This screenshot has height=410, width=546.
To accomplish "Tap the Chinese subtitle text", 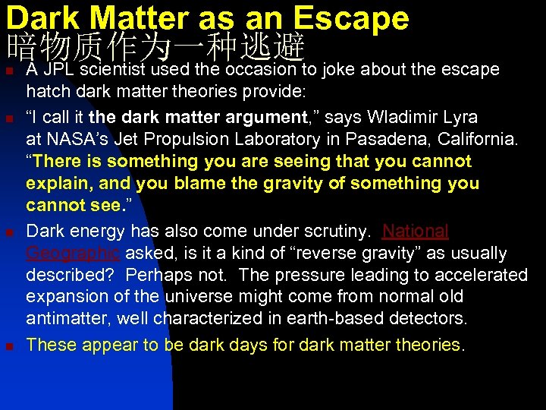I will click(x=155, y=48).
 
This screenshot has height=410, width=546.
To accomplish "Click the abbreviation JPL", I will click(x=59, y=70).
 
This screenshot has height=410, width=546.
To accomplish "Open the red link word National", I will click(x=416, y=231).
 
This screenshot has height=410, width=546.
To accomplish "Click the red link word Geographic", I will click(x=74, y=253).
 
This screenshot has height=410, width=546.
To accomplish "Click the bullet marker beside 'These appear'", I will click(x=10, y=346).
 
